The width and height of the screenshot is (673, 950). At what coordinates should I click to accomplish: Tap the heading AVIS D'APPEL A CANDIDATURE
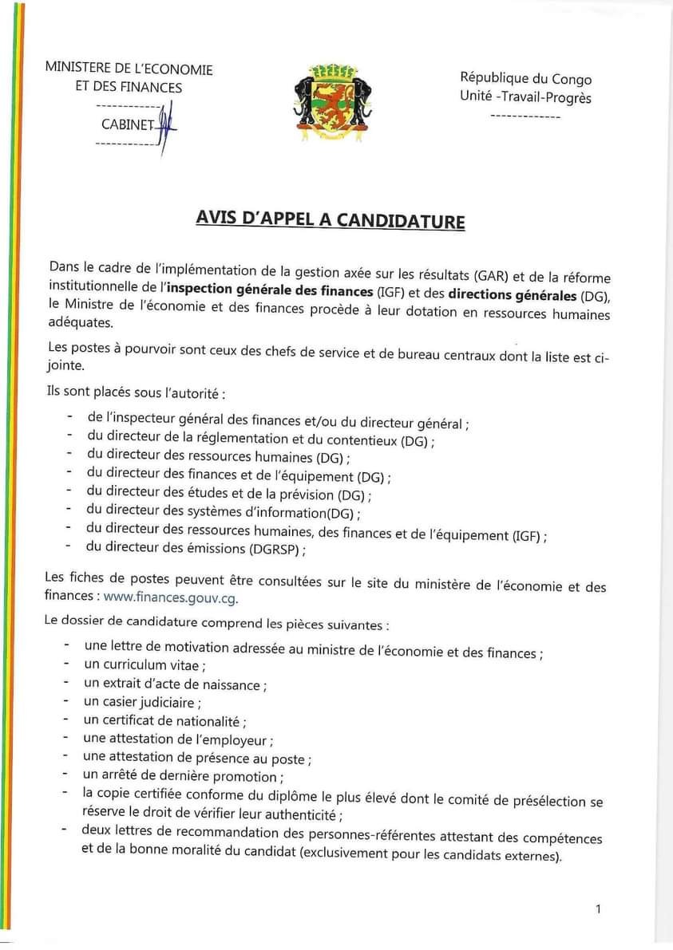pyautogui.click(x=330, y=219)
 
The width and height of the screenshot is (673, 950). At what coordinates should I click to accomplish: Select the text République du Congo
pyautogui.click(x=525, y=78)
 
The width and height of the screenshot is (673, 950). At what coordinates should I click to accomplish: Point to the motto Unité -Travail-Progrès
pyautogui.click(x=525, y=97)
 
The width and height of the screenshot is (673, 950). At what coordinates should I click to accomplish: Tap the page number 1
pyautogui.click(x=599, y=909)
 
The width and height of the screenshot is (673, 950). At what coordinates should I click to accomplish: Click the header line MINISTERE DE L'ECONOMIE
pyautogui.click(x=129, y=69)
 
